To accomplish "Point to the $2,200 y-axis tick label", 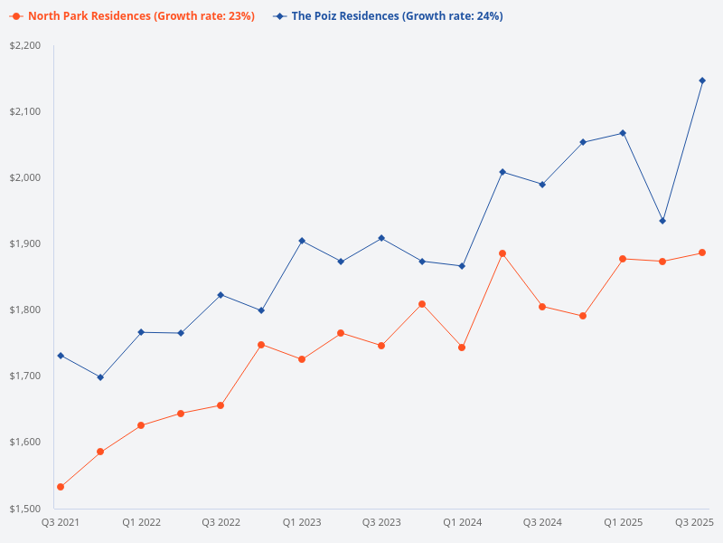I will pyautogui.click(x=25, y=45).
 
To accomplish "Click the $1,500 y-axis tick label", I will pyautogui.click(x=25, y=508).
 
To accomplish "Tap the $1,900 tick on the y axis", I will pyautogui.click(x=25, y=243).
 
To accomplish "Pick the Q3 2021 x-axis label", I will pyautogui.click(x=61, y=522).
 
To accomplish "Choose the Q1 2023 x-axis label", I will pyautogui.click(x=302, y=522).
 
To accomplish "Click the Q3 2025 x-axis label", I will pyautogui.click(x=695, y=522).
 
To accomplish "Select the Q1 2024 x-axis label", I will pyautogui.click(x=462, y=522).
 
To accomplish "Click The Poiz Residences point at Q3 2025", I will pyautogui.click(x=702, y=81).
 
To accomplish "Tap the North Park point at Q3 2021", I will pyautogui.click(x=61, y=487).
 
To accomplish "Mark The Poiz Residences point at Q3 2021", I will pyautogui.click(x=61, y=356).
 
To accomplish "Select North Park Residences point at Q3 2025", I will pyautogui.click(x=702, y=252).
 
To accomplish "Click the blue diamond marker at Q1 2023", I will pyautogui.click(x=302, y=241).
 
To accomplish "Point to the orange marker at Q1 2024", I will pyautogui.click(x=462, y=348).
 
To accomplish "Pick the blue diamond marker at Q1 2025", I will pyautogui.click(x=623, y=133).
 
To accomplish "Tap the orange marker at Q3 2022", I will pyautogui.click(x=221, y=405).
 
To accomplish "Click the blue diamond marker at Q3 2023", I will pyautogui.click(x=381, y=238).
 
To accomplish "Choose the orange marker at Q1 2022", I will pyautogui.click(x=141, y=425).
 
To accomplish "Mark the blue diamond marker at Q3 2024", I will pyautogui.click(x=542, y=185).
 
